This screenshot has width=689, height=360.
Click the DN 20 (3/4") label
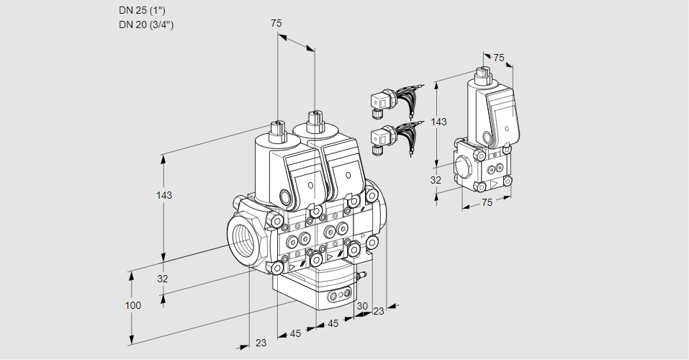point(146,24)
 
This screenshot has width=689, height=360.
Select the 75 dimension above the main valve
point(276,23)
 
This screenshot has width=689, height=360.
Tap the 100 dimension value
point(132,305)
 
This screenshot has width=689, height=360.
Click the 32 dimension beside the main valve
point(163,279)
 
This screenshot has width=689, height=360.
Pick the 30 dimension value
point(361,306)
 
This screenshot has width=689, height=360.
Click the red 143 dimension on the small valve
point(438,122)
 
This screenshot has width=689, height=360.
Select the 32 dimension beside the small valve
point(436,180)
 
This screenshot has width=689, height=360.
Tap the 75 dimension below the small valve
point(487,203)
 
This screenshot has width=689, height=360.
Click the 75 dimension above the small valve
point(498,58)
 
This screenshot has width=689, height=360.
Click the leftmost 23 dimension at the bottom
point(261,343)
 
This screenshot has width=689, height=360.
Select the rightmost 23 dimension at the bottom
point(379,311)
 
